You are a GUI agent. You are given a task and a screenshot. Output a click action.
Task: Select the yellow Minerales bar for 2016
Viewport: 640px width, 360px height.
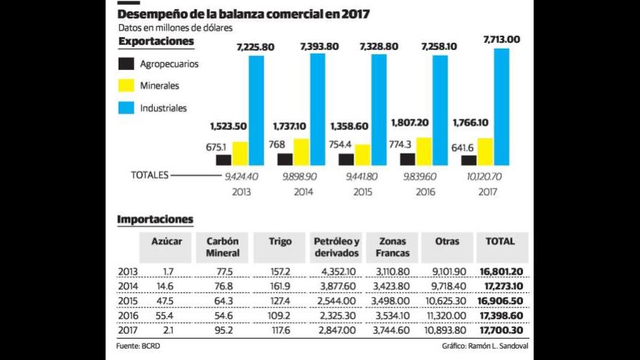(424, 151)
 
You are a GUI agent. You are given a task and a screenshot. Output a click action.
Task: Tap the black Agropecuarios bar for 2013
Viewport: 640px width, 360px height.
(224, 160)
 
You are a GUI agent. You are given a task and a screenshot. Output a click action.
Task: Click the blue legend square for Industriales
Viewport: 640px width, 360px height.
(126, 108)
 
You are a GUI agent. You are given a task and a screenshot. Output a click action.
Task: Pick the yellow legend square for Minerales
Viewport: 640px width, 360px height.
(126, 86)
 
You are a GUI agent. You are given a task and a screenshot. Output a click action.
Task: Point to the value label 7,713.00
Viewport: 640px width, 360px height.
(501, 39)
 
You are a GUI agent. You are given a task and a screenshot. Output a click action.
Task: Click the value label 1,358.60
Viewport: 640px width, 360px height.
(349, 126)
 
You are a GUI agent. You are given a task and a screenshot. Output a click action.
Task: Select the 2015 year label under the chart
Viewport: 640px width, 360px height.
(363, 192)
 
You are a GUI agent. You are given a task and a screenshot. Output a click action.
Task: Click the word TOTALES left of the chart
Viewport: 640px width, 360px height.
(149, 174)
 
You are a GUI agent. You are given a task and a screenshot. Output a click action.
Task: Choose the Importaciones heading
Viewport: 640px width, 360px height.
(155, 219)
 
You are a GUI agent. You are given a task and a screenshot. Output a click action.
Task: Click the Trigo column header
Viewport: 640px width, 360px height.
(281, 241)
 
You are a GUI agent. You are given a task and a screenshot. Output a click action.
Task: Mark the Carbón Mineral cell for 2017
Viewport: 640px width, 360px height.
(224, 330)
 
